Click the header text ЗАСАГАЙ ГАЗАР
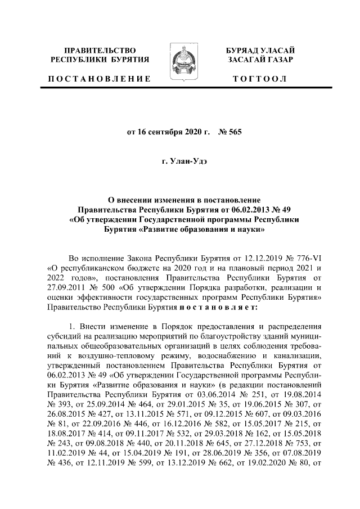click(x=260, y=60)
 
